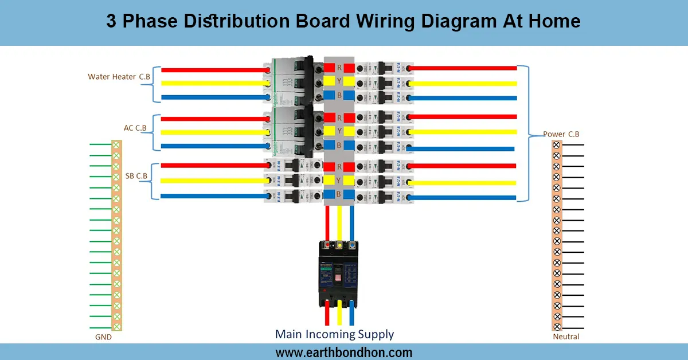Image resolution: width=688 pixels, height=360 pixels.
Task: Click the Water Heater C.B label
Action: click(x=119, y=76)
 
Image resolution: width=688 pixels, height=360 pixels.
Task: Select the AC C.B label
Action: click(x=135, y=128)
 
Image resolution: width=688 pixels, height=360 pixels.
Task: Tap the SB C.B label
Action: click(x=136, y=175)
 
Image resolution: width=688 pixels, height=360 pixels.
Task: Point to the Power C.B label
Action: click(x=561, y=134)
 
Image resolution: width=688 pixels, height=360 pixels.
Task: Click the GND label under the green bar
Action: click(x=103, y=337)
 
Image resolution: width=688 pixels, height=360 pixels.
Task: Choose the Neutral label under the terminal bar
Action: click(x=566, y=336)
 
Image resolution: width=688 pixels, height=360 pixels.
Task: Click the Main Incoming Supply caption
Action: click(x=334, y=334)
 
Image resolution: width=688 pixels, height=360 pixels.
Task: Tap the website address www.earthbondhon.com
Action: click(x=343, y=352)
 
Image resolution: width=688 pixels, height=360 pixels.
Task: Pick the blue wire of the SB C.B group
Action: click(x=212, y=196)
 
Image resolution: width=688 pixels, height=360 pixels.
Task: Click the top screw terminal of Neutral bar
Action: click(x=556, y=145)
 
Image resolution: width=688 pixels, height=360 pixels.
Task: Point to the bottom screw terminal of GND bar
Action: click(x=117, y=326)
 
